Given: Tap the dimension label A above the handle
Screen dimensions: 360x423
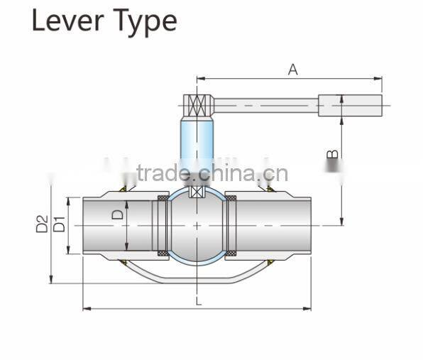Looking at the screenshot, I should click(292, 69).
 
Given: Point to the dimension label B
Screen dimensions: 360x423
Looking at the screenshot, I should click(331, 154).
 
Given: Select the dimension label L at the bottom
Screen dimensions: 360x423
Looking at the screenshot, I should click(198, 301).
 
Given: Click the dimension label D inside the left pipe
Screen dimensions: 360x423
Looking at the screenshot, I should click(119, 212).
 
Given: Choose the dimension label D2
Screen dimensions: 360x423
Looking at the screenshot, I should click(42, 224).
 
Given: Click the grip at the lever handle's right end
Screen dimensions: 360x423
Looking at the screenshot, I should click(350, 106).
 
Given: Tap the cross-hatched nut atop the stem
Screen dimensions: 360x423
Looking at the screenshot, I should click(197, 106).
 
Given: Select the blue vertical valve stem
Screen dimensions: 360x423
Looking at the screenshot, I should click(197, 146).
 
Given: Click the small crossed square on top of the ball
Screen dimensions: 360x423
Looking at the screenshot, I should click(197, 192).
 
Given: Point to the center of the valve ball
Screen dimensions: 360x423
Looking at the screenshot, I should click(197, 225).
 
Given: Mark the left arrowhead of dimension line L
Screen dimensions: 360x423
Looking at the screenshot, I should click(86, 309).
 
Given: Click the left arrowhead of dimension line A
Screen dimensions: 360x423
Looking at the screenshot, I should click(199, 79).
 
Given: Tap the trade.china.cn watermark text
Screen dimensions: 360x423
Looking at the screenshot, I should click(212, 173).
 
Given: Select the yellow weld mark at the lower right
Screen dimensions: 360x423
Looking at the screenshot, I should click(271, 263).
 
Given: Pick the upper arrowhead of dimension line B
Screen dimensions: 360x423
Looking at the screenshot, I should click(342, 98).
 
